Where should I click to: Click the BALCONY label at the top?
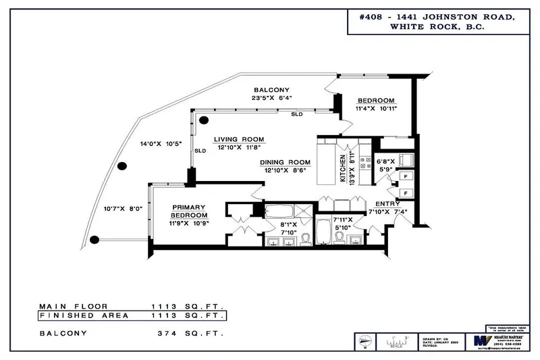pyautogui.click(x=272, y=90)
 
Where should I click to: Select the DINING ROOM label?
pyautogui.click(x=286, y=162)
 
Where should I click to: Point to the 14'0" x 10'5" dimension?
pyautogui.click(x=158, y=144)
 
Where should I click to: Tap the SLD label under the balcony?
pyautogui.click(x=297, y=115)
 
